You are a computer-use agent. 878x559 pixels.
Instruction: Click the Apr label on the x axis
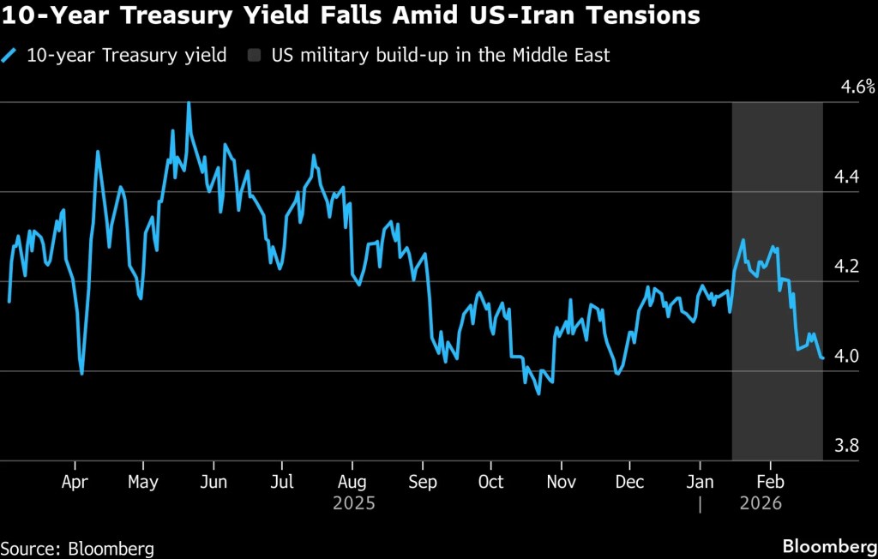pyautogui.click(x=75, y=482)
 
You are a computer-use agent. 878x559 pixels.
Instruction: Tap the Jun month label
pyautogui.click(x=213, y=482)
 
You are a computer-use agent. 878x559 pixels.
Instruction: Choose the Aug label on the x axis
pyautogui.click(x=353, y=482)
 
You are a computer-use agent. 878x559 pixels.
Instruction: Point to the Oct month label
pyautogui.click(x=490, y=482)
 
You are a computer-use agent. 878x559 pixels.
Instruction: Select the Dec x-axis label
pyautogui.click(x=630, y=482)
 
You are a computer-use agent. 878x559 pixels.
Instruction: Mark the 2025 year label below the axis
pyautogui.click(x=353, y=503)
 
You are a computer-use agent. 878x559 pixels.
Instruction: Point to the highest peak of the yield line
pyautogui.click(x=189, y=103)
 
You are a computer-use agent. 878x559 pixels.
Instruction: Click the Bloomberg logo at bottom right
pyautogui.click(x=829, y=546)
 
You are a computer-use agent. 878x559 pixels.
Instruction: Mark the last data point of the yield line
pyautogui.click(x=823, y=358)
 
